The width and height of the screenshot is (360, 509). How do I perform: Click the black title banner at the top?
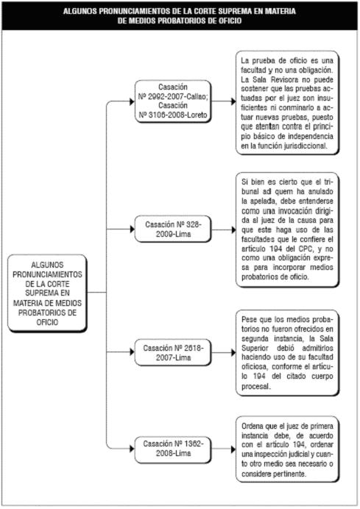click(180, 16)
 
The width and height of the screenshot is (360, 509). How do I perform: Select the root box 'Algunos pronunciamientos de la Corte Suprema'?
click(47, 293)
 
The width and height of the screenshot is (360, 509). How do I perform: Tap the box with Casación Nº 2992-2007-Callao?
click(173, 102)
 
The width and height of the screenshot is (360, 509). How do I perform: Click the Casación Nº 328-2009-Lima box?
click(173, 229)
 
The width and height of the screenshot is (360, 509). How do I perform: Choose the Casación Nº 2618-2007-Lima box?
click(173, 352)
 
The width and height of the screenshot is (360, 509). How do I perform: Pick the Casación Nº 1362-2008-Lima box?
click(173, 449)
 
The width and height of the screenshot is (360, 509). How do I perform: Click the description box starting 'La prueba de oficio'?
click(287, 102)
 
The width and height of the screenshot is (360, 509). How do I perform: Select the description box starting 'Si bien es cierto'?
click(287, 229)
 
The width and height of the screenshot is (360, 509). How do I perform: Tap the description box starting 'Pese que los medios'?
click(287, 353)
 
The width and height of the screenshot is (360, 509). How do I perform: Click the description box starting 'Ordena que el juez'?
click(287, 449)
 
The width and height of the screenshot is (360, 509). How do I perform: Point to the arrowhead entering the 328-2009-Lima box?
click(133, 229)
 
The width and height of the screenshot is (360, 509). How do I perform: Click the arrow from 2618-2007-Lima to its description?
click(224, 352)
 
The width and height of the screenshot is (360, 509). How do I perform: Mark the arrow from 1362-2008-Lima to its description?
click(224, 449)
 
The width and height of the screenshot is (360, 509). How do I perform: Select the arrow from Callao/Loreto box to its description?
click(224, 102)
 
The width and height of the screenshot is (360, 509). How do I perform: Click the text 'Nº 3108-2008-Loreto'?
click(173, 115)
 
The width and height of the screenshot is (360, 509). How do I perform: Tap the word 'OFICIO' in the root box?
click(47, 322)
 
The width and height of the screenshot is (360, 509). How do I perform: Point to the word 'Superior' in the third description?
click(255, 348)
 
